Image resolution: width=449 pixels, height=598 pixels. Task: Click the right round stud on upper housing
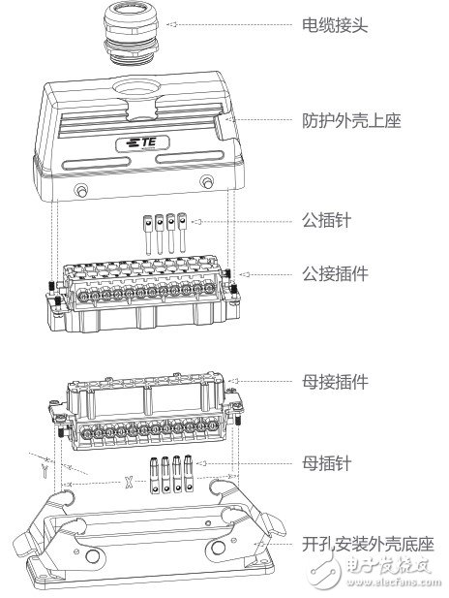click(205, 182)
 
